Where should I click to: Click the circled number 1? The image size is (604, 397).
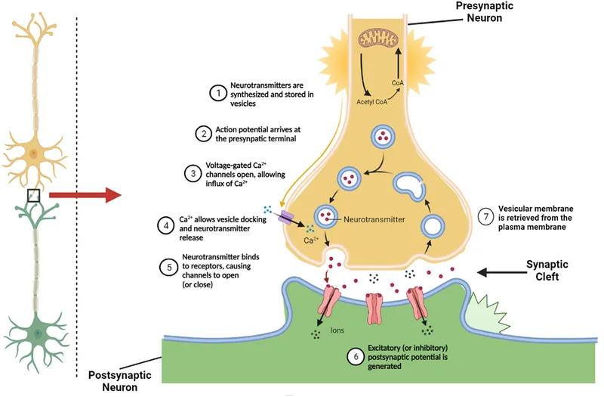point(217,93)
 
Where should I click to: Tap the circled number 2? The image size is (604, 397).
point(202,134)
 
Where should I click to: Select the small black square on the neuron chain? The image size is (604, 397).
point(32,196)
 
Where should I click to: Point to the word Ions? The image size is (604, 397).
point(337,330)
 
